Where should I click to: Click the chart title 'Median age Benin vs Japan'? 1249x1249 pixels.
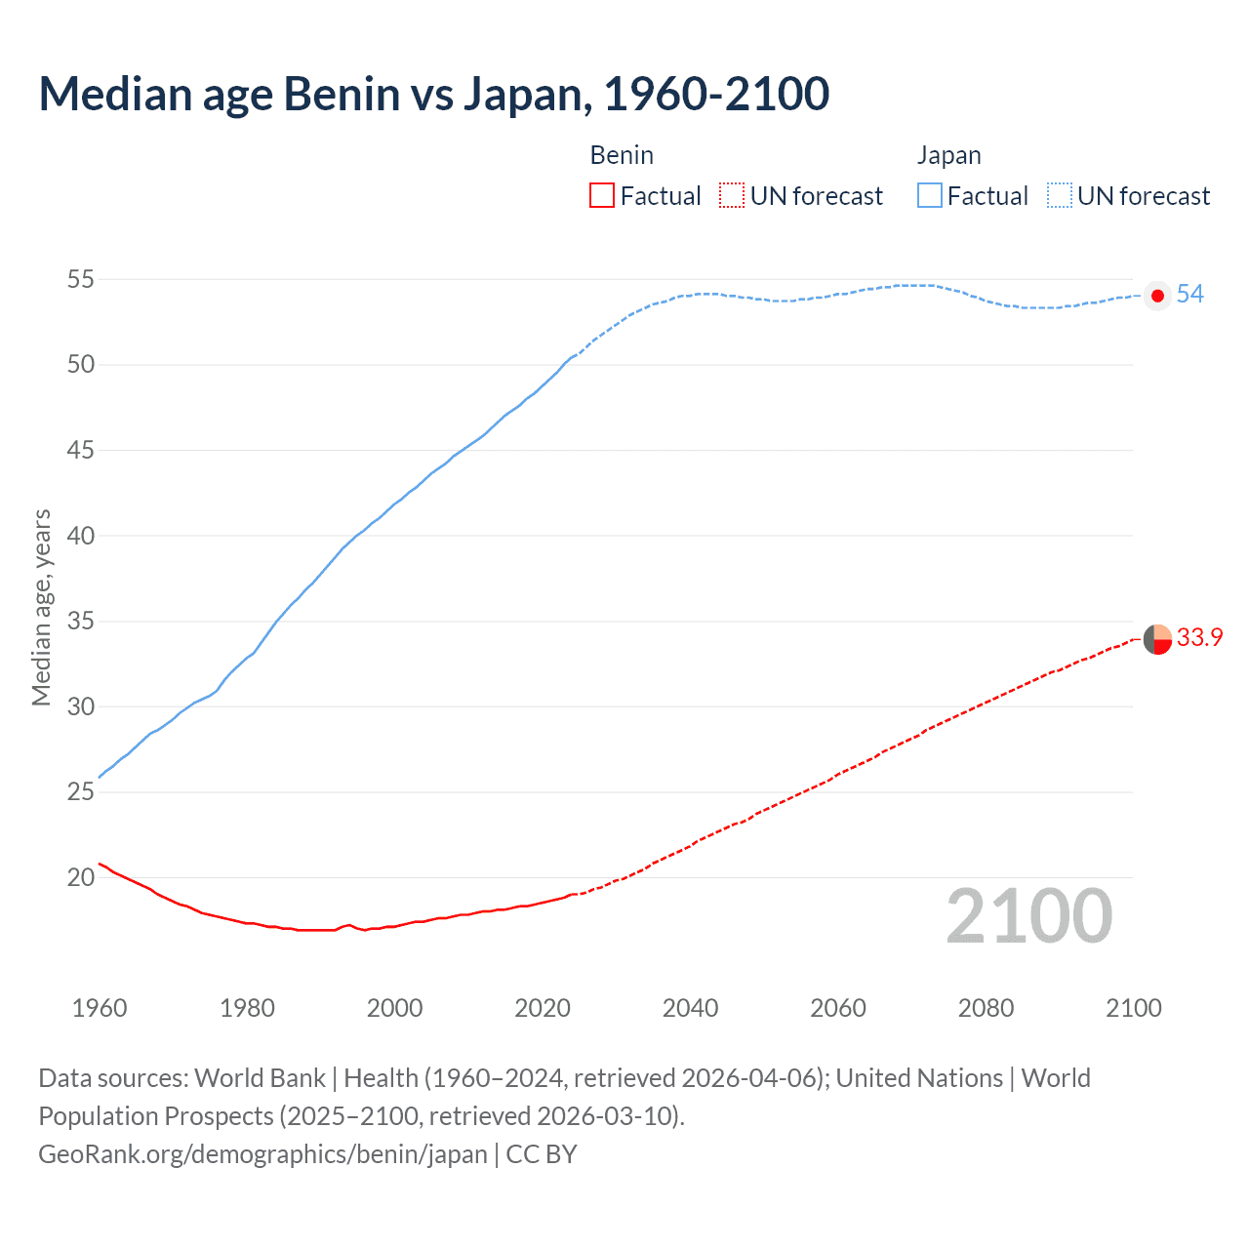(433, 95)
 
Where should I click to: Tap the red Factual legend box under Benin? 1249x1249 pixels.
(602, 196)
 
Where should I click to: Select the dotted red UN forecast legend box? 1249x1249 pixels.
(732, 196)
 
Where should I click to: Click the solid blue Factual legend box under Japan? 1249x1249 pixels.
(930, 196)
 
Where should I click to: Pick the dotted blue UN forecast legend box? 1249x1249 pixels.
(1060, 196)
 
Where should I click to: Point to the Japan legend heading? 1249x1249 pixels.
(948, 155)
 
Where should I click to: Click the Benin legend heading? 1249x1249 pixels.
(622, 155)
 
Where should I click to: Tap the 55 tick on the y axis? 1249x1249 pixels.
(81, 280)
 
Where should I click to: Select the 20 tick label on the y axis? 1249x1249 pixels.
(81, 877)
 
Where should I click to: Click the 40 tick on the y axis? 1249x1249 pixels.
(81, 536)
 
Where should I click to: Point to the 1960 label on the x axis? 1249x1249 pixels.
(100, 1008)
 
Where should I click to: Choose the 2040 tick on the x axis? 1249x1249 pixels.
(690, 1008)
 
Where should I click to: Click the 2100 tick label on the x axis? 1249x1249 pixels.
(1133, 1008)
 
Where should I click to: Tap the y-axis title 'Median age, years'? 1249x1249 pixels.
(41, 607)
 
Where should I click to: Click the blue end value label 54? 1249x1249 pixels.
(1189, 295)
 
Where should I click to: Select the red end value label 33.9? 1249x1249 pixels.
(1199, 638)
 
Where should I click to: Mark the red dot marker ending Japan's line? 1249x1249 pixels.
(1157, 296)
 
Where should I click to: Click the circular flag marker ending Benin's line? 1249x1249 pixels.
(1157, 639)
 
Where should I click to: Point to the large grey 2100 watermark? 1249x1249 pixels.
(1028, 916)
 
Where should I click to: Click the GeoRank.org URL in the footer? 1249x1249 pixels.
(262, 1154)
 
